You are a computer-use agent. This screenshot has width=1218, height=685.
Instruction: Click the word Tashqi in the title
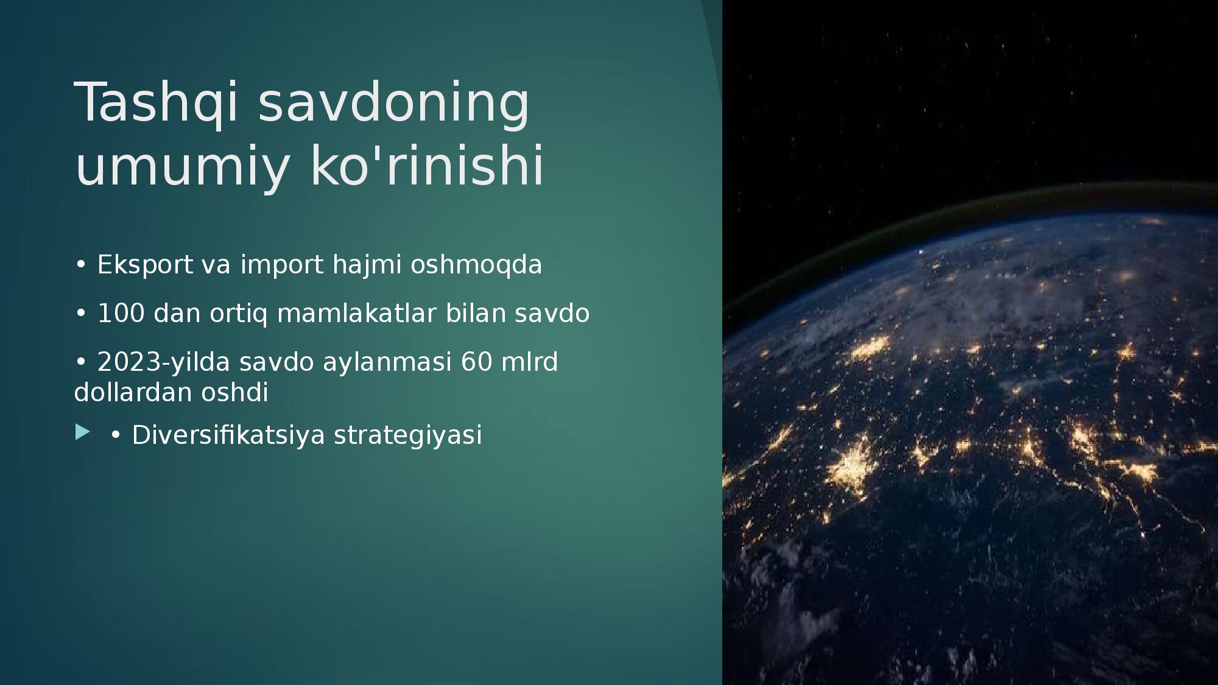click(156, 103)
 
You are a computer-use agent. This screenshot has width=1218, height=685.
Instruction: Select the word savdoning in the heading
click(394, 103)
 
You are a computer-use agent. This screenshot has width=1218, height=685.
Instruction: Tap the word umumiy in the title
click(182, 166)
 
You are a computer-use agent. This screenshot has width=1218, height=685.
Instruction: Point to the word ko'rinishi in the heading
click(427, 164)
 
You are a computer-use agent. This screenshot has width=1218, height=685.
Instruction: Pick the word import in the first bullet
click(282, 265)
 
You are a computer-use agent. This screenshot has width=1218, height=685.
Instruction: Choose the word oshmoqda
click(476, 265)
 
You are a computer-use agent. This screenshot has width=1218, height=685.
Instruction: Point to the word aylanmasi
click(387, 362)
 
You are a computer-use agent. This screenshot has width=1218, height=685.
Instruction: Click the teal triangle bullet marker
click(83, 432)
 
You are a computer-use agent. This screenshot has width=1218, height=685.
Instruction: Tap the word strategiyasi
click(408, 435)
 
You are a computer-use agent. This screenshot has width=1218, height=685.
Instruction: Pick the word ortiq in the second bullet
click(238, 314)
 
